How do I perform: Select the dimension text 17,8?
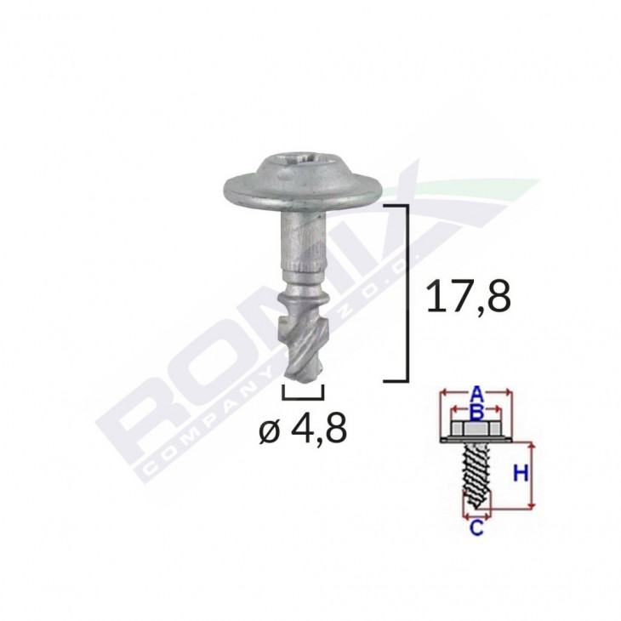tap(468, 297)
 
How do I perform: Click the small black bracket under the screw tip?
tap(302, 394)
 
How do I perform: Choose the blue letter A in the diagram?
tap(477, 394)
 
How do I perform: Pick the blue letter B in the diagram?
tap(477, 413)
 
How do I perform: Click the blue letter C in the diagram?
tap(476, 528)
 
